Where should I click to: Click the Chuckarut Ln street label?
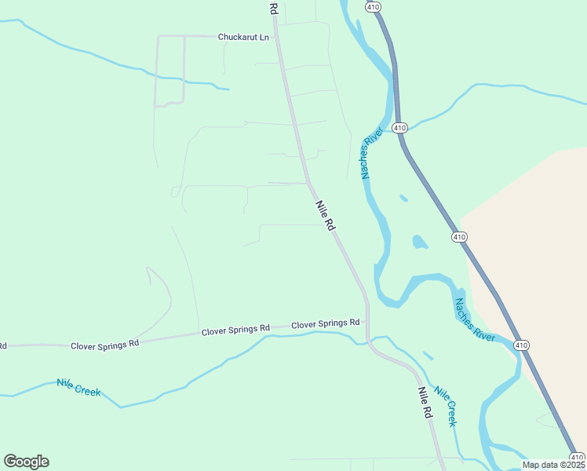pos(243,36)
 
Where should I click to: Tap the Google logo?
pos(26,461)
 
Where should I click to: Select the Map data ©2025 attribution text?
pos(554,465)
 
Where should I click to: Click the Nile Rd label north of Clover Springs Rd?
pos(326,214)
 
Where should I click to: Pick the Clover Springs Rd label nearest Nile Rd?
pos(325,323)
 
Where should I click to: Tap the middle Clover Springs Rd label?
pos(235,330)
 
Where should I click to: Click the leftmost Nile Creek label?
pos(78,387)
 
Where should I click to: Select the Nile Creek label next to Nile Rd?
pos(446,407)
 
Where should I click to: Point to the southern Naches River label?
pos(475,319)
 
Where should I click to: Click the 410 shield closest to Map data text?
pos(577,457)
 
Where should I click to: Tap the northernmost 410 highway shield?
pos(373,6)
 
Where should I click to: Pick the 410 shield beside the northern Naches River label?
pos(400,127)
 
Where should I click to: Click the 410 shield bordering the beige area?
pos(459,236)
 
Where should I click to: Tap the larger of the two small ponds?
pos(419,242)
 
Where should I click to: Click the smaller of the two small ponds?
pos(403,198)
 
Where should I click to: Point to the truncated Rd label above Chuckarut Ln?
pos(274,8)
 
